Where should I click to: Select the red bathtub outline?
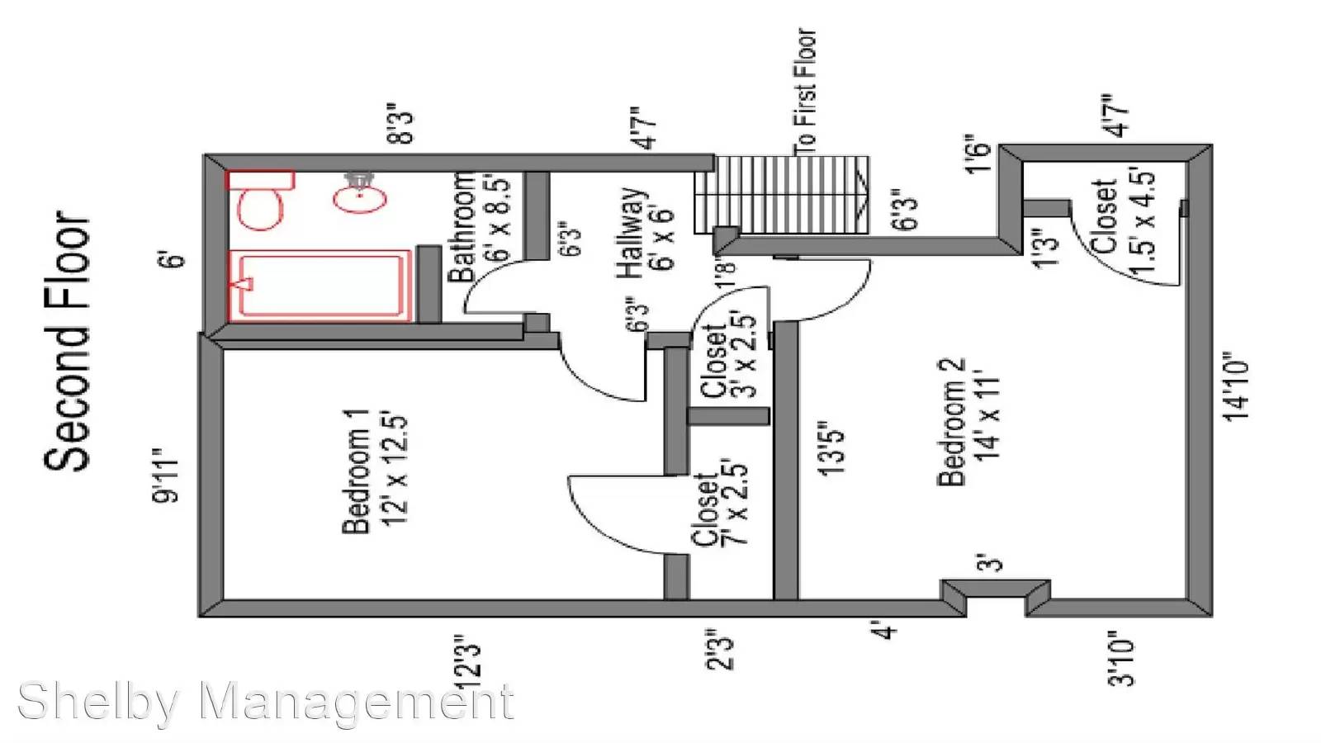point(319,286)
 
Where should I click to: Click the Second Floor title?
point(67,341)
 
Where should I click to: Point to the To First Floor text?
point(805,92)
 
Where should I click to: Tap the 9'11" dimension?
point(164,476)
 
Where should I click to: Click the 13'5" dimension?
point(831,451)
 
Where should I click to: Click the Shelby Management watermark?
point(266,702)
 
